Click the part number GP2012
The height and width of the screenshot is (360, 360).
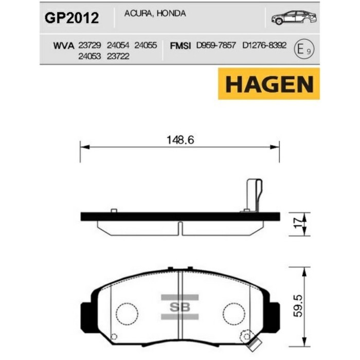(72, 18)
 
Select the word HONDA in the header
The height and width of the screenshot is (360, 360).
(171, 13)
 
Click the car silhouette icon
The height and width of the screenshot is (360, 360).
(294, 17)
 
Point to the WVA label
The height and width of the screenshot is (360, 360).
(64, 46)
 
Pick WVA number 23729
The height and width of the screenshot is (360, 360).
(89, 45)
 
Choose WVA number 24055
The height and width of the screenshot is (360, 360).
(146, 45)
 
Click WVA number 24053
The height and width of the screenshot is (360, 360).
(89, 56)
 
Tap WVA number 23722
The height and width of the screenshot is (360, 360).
(118, 56)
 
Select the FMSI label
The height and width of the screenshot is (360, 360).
(180, 46)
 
